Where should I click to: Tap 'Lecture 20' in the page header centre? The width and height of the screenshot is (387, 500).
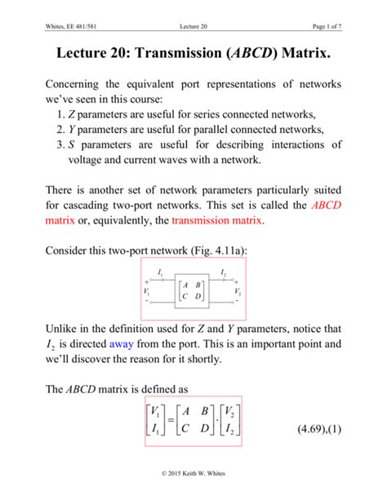coord(193,8)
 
